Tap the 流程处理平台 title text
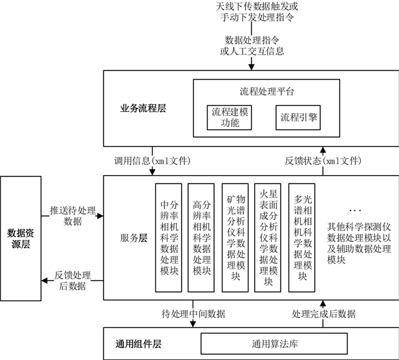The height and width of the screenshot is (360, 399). click(263, 92)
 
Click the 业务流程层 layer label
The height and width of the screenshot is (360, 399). click(142, 109)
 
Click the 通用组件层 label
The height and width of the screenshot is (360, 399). click(138, 343)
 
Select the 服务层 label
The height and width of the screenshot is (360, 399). click(134, 237)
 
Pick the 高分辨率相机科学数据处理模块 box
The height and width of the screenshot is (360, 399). click(200, 237)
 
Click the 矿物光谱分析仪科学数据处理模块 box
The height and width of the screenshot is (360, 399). click(235, 237)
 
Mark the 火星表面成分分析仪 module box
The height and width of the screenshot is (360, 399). click(268, 237)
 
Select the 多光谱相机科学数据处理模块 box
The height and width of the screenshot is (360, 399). click(301, 237)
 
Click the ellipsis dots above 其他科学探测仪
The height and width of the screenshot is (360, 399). click(355, 211)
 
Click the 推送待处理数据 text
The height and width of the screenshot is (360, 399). click(72, 216)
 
